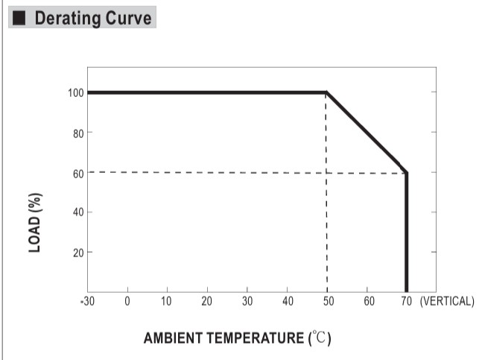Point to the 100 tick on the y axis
[73, 93]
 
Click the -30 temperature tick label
[87, 301]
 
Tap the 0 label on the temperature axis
[127, 301]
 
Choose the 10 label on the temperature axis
[167, 301]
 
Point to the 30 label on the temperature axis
[247, 301]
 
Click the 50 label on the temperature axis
[327, 301]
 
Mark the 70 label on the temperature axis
[407, 301]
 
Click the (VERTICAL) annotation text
[447, 301]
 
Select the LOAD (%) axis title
[35, 223]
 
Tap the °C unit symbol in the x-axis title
[320, 338]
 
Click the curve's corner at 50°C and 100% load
[326, 92]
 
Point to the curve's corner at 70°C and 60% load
[406, 172]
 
